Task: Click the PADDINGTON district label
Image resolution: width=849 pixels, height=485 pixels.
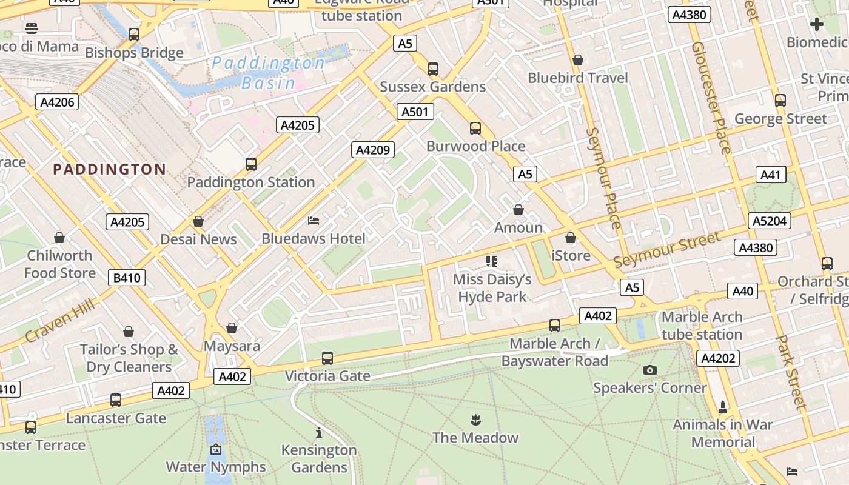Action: click(x=109, y=169)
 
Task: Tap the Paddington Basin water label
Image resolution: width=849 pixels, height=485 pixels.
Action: click(x=269, y=73)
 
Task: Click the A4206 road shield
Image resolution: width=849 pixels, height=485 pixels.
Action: click(x=58, y=102)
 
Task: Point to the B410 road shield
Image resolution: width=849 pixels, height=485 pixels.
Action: click(x=127, y=278)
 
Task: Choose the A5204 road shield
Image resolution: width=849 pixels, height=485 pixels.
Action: click(x=770, y=221)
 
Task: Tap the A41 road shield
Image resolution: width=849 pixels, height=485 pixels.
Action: click(x=770, y=175)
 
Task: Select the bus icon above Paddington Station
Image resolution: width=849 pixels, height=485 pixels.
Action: click(x=251, y=164)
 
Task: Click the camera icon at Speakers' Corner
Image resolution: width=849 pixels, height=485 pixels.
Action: click(x=649, y=370)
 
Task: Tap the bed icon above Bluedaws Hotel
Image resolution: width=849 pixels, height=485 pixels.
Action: click(x=314, y=220)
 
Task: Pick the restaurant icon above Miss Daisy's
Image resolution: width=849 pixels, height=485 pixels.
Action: click(x=492, y=261)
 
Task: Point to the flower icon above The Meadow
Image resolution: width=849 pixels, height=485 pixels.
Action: click(x=475, y=420)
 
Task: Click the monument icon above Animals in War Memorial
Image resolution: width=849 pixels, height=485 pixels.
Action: click(x=722, y=406)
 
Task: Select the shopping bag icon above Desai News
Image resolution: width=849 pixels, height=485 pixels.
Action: click(x=198, y=221)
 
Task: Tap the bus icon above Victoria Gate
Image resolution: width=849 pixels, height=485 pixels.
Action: click(x=327, y=358)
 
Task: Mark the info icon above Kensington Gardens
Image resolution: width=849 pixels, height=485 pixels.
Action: click(x=319, y=432)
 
